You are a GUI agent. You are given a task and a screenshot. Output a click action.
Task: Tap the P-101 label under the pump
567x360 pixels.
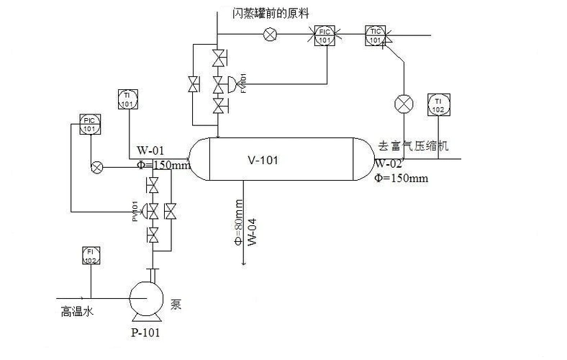coord(147,333)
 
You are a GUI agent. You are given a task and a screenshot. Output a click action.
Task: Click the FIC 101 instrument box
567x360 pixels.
coord(325,35)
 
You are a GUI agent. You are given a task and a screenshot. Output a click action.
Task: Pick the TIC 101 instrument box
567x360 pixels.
coord(375,35)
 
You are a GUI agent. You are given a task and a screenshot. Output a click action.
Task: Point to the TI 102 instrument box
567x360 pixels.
coord(438,104)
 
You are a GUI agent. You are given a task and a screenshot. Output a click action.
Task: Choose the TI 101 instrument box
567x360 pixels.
coord(127,99)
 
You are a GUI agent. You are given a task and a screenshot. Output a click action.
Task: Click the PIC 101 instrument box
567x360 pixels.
coord(89,124)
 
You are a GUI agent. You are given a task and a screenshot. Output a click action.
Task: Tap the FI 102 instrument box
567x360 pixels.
coord(90,256)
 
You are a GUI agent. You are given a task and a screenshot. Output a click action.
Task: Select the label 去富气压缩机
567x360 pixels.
coord(414,146)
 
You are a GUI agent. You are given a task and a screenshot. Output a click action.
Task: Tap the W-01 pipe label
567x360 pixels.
coord(151,151)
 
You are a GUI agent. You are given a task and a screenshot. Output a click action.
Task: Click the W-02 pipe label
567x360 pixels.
coord(389,163)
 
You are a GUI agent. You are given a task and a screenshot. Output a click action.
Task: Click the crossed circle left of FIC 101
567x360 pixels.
coord(271,34)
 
